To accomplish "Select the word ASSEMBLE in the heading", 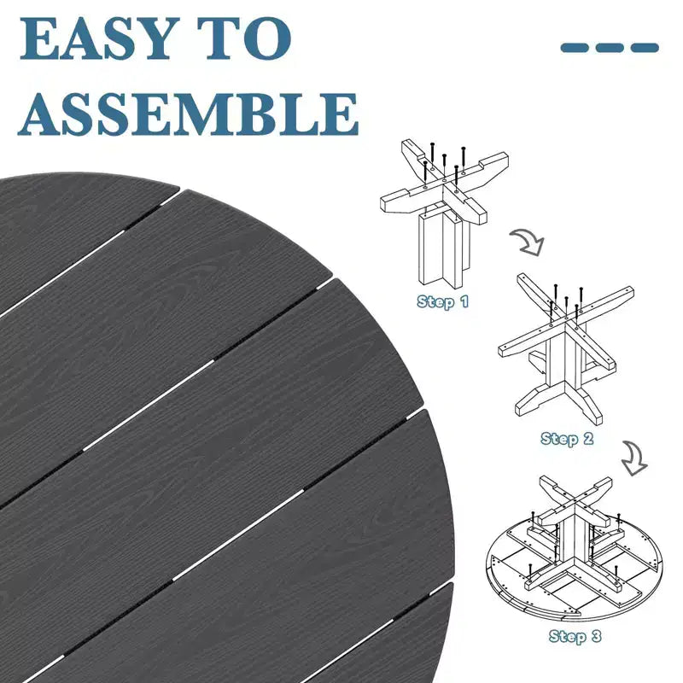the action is point(189,114).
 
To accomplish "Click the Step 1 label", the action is point(442,301).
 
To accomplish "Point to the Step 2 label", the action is point(567,439).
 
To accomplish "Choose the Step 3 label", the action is point(575,636).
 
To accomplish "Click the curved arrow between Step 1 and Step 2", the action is point(528,242).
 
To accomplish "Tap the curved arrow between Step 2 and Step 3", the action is point(634,458).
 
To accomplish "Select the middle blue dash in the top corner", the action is point(610,48).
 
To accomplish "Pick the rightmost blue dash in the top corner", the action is point(645,48).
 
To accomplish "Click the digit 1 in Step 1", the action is point(464,301).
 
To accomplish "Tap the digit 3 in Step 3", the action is point(596,636).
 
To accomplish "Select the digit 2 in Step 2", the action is point(588,438).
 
